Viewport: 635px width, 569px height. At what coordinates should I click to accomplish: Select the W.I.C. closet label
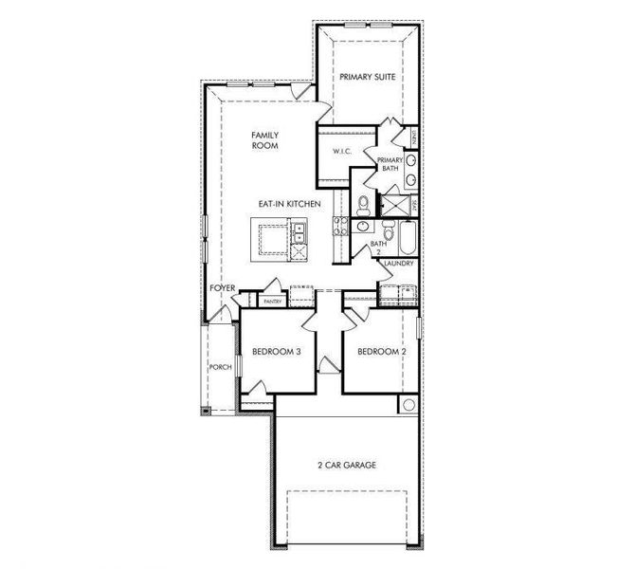click(342, 152)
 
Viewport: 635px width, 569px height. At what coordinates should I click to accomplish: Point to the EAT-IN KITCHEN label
click(289, 204)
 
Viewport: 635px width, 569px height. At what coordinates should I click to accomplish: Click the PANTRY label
click(273, 301)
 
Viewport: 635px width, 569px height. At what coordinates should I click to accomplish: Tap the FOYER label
click(222, 287)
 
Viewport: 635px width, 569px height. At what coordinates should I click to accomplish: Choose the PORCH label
click(220, 367)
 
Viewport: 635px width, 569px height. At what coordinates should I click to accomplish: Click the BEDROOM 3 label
click(276, 352)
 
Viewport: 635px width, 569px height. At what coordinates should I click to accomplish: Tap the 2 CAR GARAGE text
click(346, 465)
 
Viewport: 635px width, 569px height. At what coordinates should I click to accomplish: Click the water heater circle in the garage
click(408, 404)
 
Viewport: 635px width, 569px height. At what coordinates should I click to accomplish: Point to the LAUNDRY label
click(399, 263)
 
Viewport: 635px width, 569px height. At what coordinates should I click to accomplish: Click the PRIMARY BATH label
click(390, 164)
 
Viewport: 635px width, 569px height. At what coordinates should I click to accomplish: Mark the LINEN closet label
click(414, 138)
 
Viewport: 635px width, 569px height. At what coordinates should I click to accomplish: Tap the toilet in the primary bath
click(363, 202)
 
